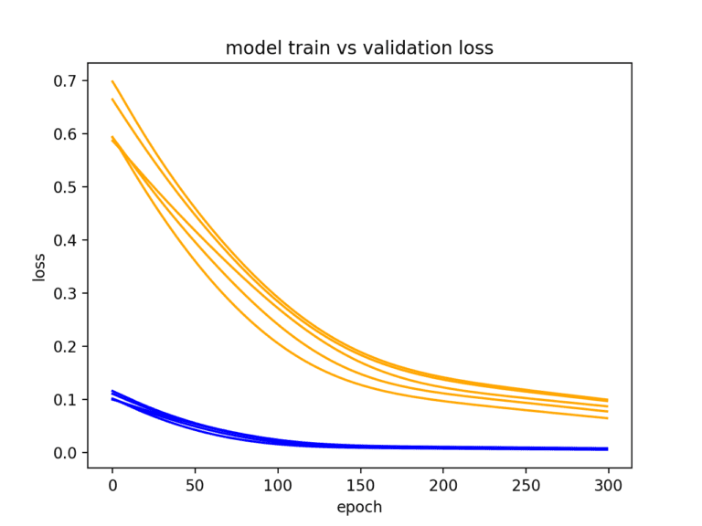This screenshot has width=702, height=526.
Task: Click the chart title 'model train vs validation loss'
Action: click(x=359, y=48)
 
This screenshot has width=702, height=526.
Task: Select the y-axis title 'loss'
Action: click(x=39, y=266)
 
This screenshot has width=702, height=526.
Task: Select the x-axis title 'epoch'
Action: click(x=359, y=507)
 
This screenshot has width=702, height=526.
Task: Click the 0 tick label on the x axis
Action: click(x=112, y=484)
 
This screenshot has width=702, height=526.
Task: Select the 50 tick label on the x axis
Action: click(x=195, y=484)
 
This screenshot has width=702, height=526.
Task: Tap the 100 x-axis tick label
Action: click(x=277, y=484)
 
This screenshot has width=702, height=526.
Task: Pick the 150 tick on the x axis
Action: click(x=360, y=484)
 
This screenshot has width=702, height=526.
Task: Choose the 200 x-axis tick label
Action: click(x=442, y=484)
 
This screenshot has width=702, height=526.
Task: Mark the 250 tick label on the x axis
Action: click(x=525, y=484)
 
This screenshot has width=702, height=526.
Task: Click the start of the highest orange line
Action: click(x=112, y=81)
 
